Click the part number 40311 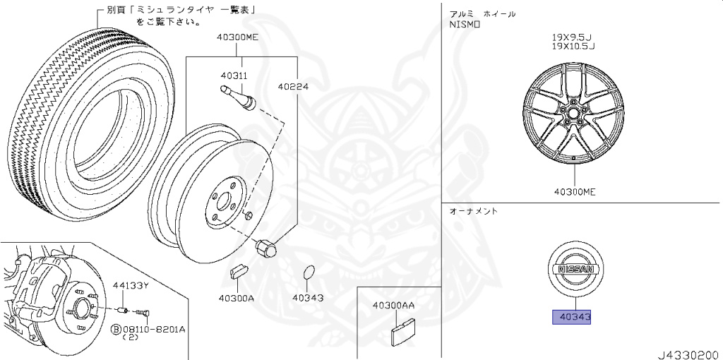[x=233, y=76]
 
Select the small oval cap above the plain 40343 [x=307, y=275]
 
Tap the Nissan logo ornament [x=571, y=270]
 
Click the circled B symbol [x=115, y=329]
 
